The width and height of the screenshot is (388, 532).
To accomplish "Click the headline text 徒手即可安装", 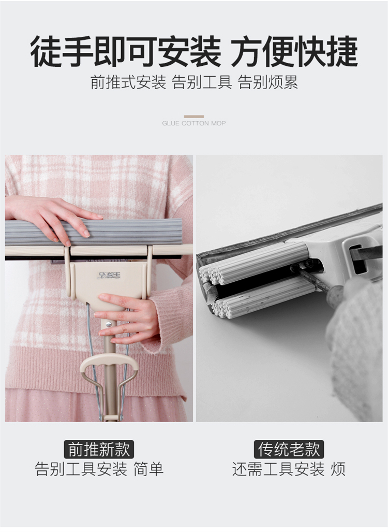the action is [x=126, y=52].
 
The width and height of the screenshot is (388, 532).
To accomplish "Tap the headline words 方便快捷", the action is [x=294, y=52].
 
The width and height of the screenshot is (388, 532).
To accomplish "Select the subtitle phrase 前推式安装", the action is [x=128, y=82].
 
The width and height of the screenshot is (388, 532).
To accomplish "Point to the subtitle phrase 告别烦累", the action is [x=267, y=82].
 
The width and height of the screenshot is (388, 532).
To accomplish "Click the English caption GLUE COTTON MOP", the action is [x=194, y=123].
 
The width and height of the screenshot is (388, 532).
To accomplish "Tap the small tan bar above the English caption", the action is [x=194, y=117].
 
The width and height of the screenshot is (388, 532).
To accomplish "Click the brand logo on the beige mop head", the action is [x=109, y=275].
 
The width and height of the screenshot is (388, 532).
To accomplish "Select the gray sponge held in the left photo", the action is [x=94, y=232].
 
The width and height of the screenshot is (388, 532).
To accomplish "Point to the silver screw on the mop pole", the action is [x=109, y=324].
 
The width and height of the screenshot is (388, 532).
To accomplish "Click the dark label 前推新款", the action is [x=99, y=450].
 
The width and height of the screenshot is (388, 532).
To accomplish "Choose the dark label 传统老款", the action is [x=289, y=450].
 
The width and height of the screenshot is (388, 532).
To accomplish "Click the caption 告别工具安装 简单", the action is [x=99, y=469].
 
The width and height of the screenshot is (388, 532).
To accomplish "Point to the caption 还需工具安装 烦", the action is [x=289, y=469].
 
